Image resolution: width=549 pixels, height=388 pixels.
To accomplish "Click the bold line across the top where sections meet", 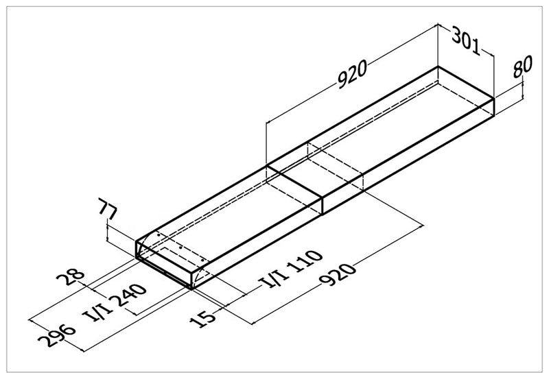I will pyautogui.click(x=294, y=181).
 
